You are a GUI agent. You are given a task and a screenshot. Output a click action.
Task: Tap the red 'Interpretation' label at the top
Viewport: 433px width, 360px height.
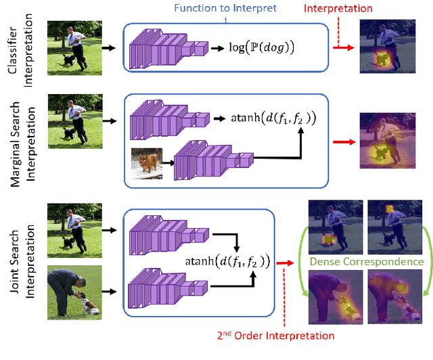[337, 9]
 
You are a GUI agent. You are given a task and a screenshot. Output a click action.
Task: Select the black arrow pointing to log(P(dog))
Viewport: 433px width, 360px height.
[219, 47]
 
